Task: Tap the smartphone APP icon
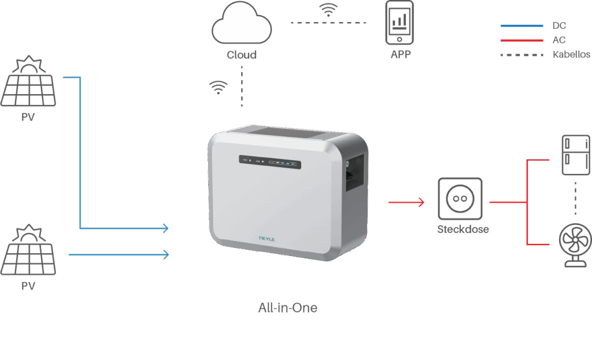pyautogui.click(x=400, y=23)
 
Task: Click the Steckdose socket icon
pyautogui.click(x=460, y=199)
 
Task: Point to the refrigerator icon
pyautogui.click(x=575, y=154)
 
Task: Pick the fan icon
pyautogui.click(x=575, y=246)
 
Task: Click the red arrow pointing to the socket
pyautogui.click(x=406, y=202)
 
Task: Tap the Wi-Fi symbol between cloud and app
pyautogui.click(x=328, y=10)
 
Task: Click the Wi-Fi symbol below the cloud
pyautogui.click(x=218, y=87)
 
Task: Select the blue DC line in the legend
pyautogui.click(x=521, y=26)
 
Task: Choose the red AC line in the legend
pyautogui.click(x=521, y=40)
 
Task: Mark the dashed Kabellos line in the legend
pyautogui.click(x=521, y=55)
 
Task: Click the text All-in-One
pyautogui.click(x=287, y=307)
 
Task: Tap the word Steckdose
pyautogui.click(x=462, y=229)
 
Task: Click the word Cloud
pyautogui.click(x=241, y=55)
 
